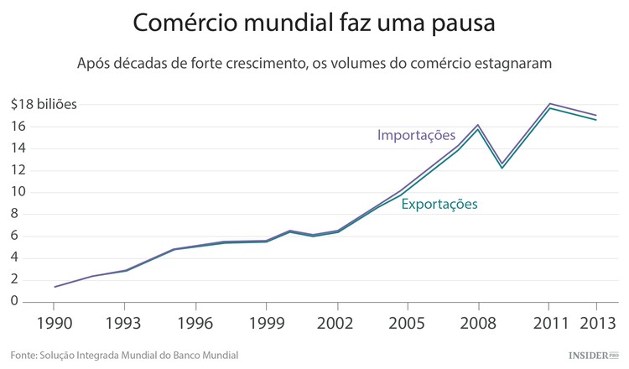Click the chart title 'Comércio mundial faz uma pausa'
314,23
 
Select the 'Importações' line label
415,135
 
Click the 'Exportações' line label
439,204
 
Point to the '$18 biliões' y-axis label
44,105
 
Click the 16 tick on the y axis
18,127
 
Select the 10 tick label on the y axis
18,192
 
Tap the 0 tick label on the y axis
14,301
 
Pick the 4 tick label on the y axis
14,257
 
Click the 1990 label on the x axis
55,323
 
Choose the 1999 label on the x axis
266,323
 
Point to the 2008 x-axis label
478,323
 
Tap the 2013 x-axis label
596,323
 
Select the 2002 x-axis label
337,323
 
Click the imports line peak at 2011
549,103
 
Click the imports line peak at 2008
478,125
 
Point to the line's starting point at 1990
55,287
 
